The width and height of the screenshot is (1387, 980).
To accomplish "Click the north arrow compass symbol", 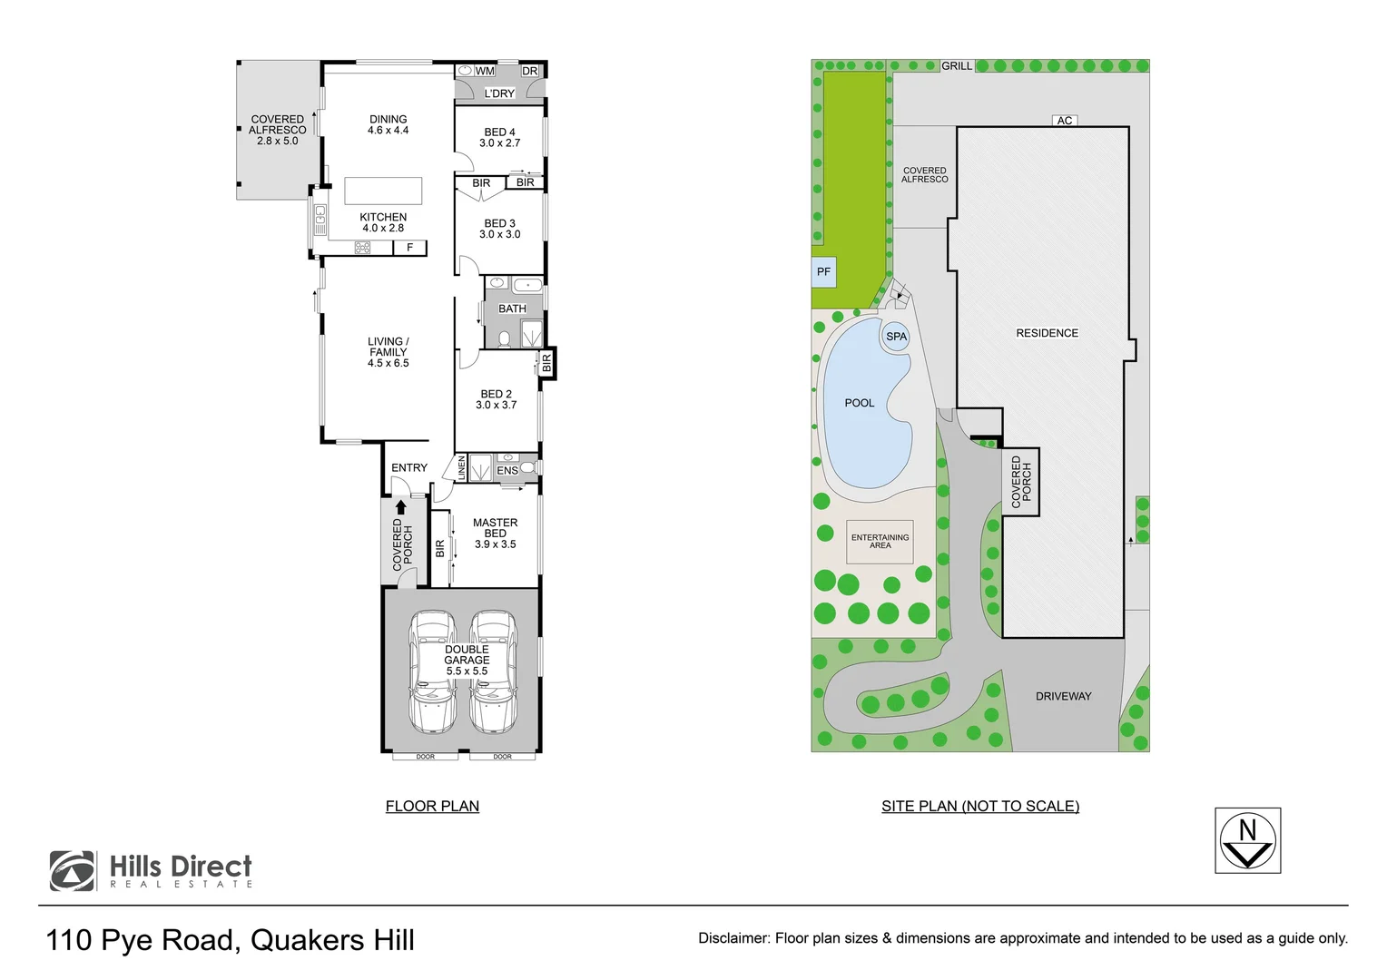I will (x=1247, y=840).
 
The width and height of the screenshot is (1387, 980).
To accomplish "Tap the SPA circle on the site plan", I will (x=896, y=337).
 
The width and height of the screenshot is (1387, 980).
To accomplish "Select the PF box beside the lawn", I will (x=823, y=271).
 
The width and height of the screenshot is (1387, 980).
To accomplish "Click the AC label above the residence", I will (x=1065, y=121).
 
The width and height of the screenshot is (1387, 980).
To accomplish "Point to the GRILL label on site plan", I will (x=957, y=66).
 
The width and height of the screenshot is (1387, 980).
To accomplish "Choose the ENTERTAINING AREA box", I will (x=880, y=542).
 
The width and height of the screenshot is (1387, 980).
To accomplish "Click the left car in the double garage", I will (x=432, y=671).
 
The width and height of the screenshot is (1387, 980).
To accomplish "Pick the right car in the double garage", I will (x=493, y=671).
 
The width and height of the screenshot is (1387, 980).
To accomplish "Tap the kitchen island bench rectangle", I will (x=383, y=191).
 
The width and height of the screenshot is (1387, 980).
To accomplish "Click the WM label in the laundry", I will (x=485, y=71).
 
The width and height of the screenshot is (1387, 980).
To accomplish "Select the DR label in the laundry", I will (x=530, y=71).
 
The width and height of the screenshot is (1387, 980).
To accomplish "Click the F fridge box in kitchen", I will (x=410, y=248).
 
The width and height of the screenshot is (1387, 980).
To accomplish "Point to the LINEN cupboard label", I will (x=462, y=468).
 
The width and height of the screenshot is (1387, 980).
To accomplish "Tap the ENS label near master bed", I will (x=507, y=470).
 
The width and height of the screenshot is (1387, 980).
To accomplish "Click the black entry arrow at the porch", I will (x=400, y=507).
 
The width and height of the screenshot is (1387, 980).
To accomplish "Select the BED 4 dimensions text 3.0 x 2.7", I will (x=500, y=143).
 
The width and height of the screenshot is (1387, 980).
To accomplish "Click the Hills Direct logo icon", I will (x=73, y=871).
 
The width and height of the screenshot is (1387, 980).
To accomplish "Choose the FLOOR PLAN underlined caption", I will (x=432, y=806).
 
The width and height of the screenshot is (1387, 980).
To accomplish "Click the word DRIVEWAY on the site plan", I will (x=1063, y=696).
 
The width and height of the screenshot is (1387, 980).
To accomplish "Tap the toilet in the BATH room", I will (x=505, y=339).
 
